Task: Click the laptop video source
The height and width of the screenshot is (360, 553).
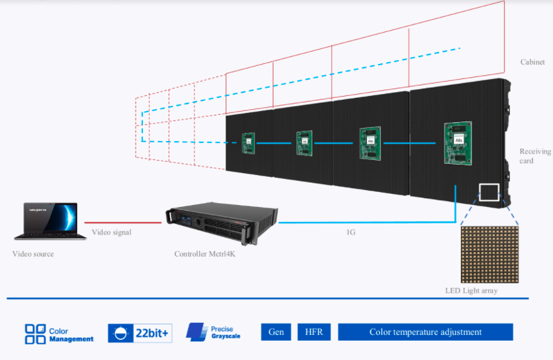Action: click(50, 221)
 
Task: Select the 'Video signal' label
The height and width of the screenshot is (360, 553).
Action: click(112, 232)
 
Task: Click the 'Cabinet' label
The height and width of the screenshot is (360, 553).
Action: click(532, 62)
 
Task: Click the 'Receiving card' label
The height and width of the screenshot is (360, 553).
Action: click(535, 156)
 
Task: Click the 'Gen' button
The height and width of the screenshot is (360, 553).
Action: click(276, 332)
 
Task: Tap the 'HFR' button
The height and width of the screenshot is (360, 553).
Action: click(313, 332)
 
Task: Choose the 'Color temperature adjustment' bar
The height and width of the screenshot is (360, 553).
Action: click(425, 332)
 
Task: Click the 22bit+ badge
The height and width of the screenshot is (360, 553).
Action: click(140, 333)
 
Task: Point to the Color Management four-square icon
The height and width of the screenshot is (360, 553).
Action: click(35, 334)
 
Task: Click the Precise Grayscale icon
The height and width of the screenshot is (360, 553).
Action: click(196, 332)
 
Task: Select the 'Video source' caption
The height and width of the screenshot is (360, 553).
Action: click(33, 254)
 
